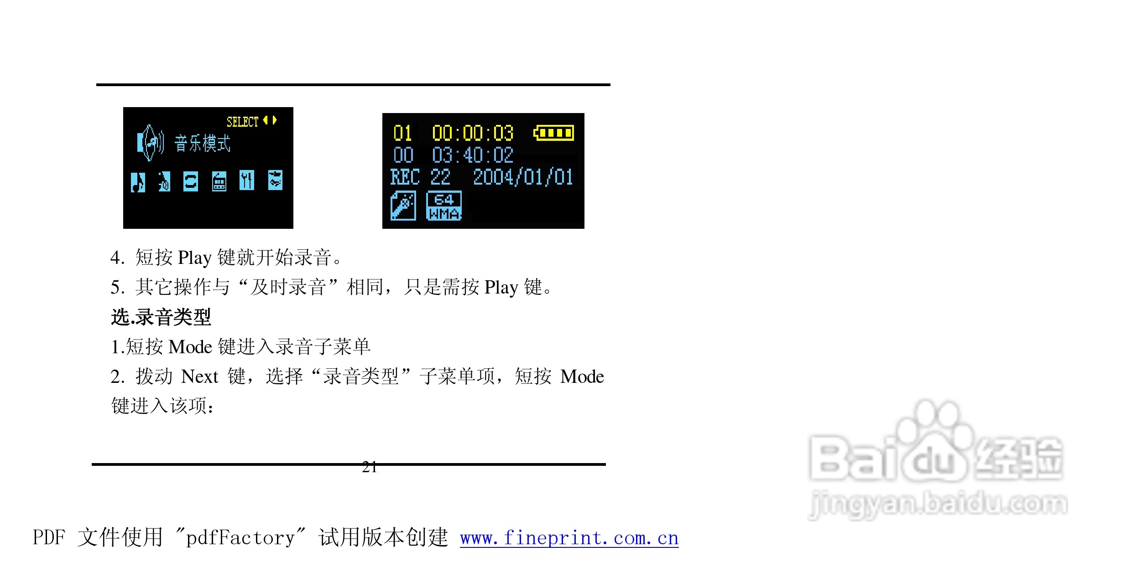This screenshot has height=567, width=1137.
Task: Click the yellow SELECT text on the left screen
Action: [x=242, y=122]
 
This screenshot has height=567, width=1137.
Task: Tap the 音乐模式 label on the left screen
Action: [x=203, y=144]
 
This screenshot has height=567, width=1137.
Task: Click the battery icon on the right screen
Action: [x=553, y=133]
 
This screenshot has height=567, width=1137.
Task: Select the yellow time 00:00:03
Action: [x=473, y=133]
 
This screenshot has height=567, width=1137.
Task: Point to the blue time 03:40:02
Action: [x=473, y=155]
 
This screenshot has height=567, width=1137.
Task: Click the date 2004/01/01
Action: [x=523, y=177]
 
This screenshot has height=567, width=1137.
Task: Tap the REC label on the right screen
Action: [x=405, y=177]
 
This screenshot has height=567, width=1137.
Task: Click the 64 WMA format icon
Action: [x=443, y=206]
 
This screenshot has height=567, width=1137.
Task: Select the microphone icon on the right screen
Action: [x=403, y=206]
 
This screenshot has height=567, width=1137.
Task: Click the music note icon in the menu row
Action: [x=138, y=182]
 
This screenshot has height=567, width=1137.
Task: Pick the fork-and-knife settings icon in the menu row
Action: [x=246, y=180]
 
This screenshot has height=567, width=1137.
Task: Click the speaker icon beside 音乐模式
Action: [x=151, y=143]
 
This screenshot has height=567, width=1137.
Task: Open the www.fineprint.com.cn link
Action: [x=569, y=538]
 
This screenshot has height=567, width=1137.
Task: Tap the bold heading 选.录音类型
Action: [x=161, y=317]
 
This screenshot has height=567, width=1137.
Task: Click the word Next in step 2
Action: [x=200, y=377]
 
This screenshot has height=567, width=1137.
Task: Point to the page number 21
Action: [x=369, y=467]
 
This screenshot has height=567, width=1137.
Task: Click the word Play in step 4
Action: [x=195, y=258]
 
